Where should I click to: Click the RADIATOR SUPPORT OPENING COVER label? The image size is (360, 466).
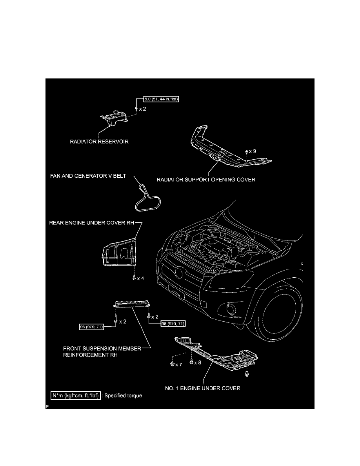click(x=206, y=180)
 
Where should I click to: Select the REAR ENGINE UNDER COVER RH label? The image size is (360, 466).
click(x=92, y=222)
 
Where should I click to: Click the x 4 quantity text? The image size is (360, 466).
click(x=140, y=279)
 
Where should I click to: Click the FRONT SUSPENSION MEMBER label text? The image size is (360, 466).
click(x=102, y=348)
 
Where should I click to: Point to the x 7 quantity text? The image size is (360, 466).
click(x=179, y=364)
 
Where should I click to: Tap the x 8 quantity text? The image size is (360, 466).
click(x=197, y=363)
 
